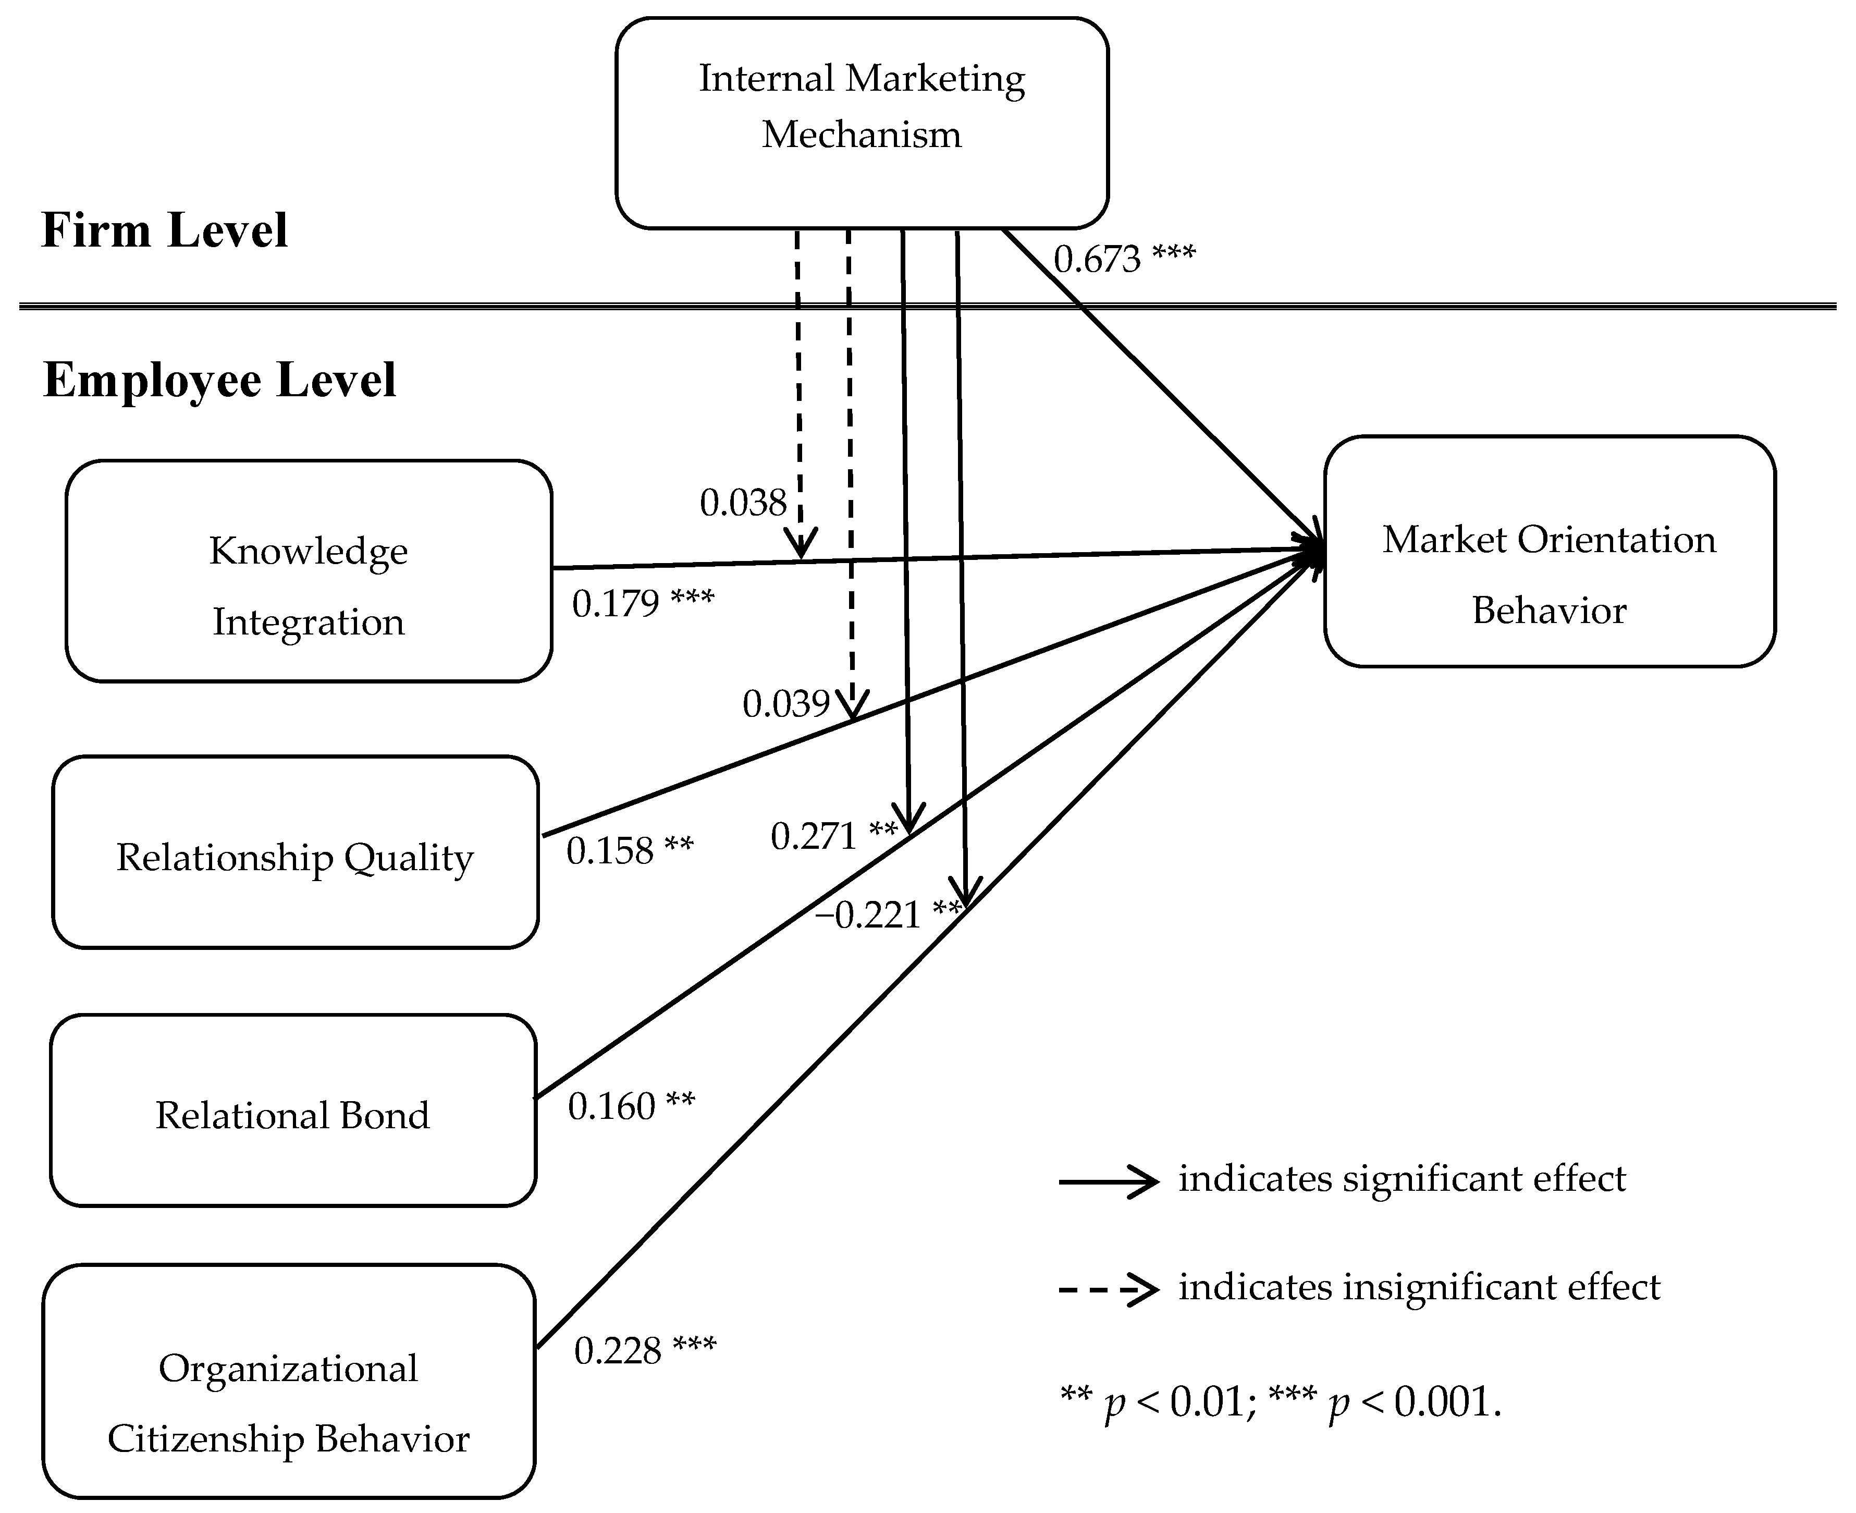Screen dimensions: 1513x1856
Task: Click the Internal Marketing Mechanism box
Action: [x=861, y=123]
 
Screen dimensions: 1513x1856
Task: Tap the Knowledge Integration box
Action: [x=309, y=571]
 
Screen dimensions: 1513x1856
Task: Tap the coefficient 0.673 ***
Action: [x=1124, y=259]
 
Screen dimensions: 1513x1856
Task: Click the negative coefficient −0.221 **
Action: [x=887, y=914]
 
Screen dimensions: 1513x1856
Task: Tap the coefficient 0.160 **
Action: [x=631, y=1106]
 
